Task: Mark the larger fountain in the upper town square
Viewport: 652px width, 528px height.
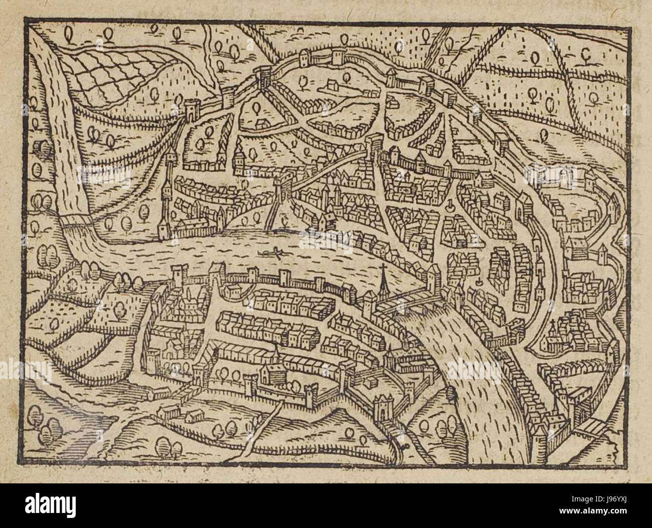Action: [449, 205]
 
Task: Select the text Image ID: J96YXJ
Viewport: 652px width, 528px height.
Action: [599, 499]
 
